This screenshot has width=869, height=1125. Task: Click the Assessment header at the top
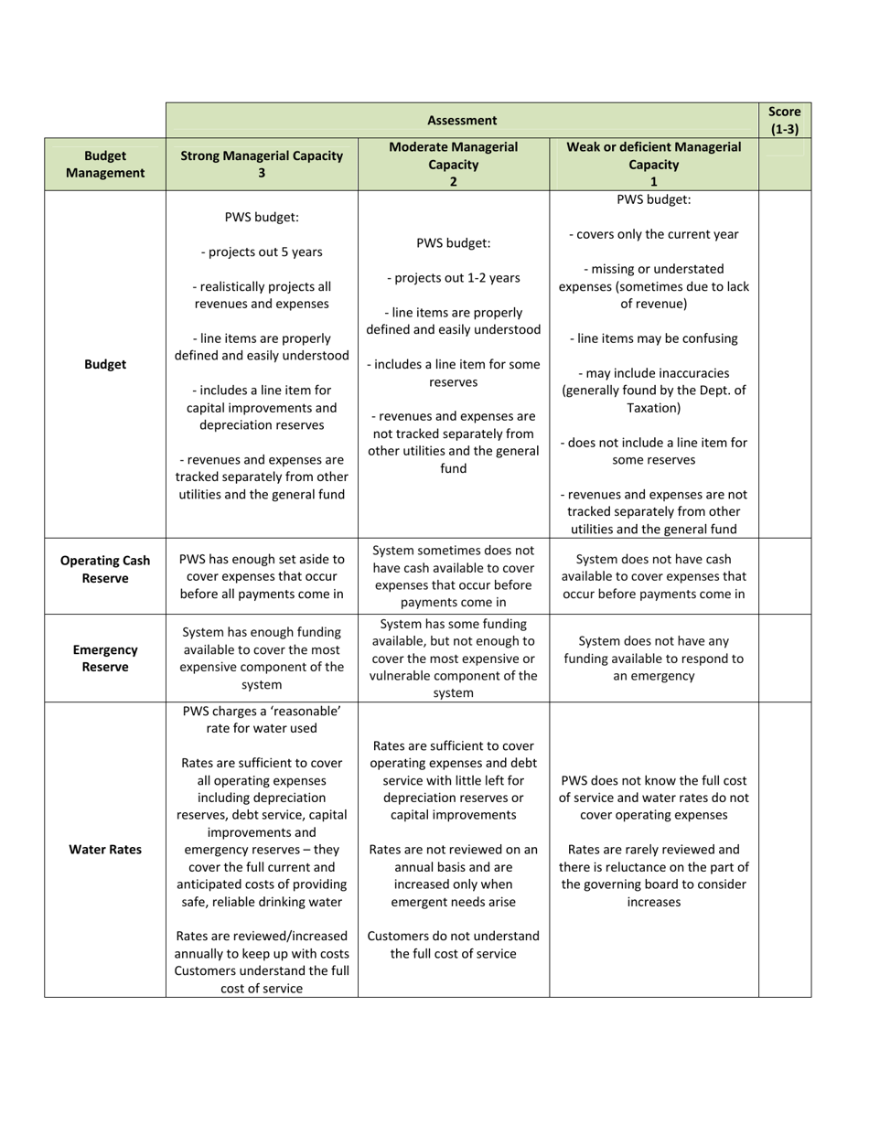coord(462,120)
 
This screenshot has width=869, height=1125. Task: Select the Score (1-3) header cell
coord(785,120)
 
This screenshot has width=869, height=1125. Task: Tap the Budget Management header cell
coord(105,165)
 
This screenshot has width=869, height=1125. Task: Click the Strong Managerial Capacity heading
coord(262,164)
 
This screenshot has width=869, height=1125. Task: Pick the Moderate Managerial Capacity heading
coord(454,164)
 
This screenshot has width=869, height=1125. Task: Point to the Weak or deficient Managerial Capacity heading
coord(654,164)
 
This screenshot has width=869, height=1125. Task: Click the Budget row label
coord(105,364)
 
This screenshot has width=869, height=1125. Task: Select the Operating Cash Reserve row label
coord(105,569)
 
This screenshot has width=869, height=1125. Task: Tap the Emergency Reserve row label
coord(105,659)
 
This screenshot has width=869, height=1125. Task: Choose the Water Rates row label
coord(105,850)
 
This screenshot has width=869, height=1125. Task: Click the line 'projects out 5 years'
coord(262,252)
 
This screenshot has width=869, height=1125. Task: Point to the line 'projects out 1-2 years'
coord(454,278)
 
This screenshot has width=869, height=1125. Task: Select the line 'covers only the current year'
coord(654,234)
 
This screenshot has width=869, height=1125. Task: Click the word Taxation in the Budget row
coord(654,408)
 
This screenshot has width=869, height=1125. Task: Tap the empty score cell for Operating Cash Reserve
coord(785,576)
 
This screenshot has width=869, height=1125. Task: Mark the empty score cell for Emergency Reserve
coord(785,659)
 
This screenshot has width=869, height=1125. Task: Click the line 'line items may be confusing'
coord(654,338)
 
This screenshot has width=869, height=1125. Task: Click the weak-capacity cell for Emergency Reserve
coord(654,659)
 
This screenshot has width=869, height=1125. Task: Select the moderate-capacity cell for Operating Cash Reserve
coord(454,576)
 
